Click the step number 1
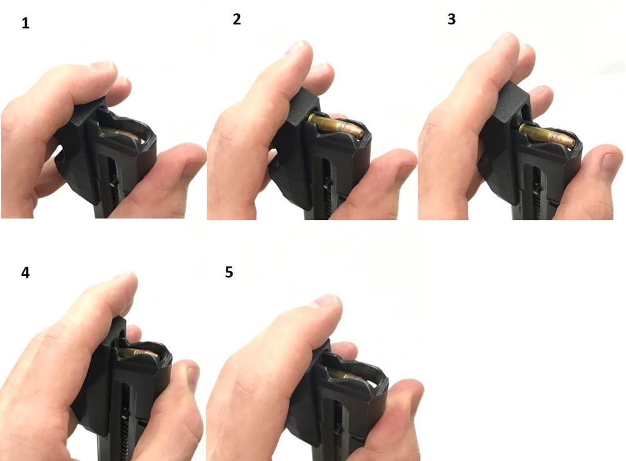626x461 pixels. pyautogui.click(x=25, y=24)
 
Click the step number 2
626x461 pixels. pyautogui.click(x=237, y=19)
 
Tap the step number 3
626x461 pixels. pyautogui.click(x=451, y=19)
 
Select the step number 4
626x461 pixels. pyautogui.click(x=25, y=273)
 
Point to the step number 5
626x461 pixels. pyautogui.click(x=228, y=272)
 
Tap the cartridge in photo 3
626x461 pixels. pyautogui.click(x=547, y=134)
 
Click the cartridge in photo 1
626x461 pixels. pyautogui.click(x=120, y=134)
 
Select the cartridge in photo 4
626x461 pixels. pyautogui.click(x=138, y=353)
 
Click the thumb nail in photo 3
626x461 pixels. pyautogui.click(x=612, y=163)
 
